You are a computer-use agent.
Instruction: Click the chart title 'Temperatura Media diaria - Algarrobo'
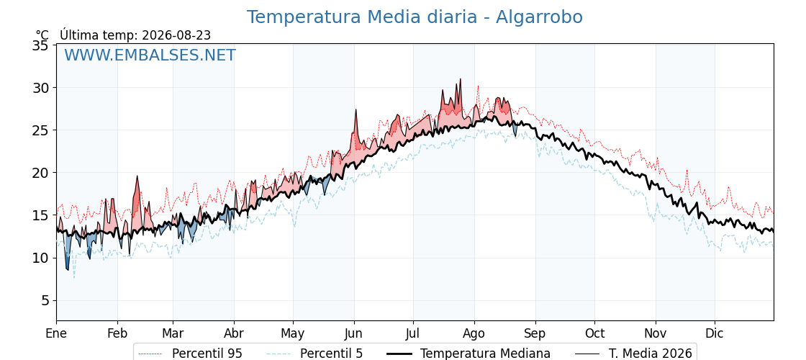[415, 17]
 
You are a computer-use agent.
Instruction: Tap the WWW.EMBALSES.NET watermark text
[150, 55]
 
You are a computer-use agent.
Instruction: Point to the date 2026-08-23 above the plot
[176, 35]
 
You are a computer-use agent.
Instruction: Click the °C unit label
[42, 35]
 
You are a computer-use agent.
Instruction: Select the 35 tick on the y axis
[41, 46]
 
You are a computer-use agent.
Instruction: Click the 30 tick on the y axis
[41, 88]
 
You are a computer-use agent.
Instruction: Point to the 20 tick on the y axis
[41, 173]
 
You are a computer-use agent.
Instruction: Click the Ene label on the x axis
[57, 333]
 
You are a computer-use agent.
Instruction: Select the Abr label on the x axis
[234, 333]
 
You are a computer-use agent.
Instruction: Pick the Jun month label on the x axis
[354, 333]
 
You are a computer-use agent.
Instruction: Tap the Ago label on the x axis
[474, 333]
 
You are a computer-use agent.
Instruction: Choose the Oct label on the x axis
[594, 333]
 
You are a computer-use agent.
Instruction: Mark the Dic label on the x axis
[715, 333]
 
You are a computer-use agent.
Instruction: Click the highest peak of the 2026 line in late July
[460, 78]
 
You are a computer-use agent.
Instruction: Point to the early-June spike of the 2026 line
[356, 109]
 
